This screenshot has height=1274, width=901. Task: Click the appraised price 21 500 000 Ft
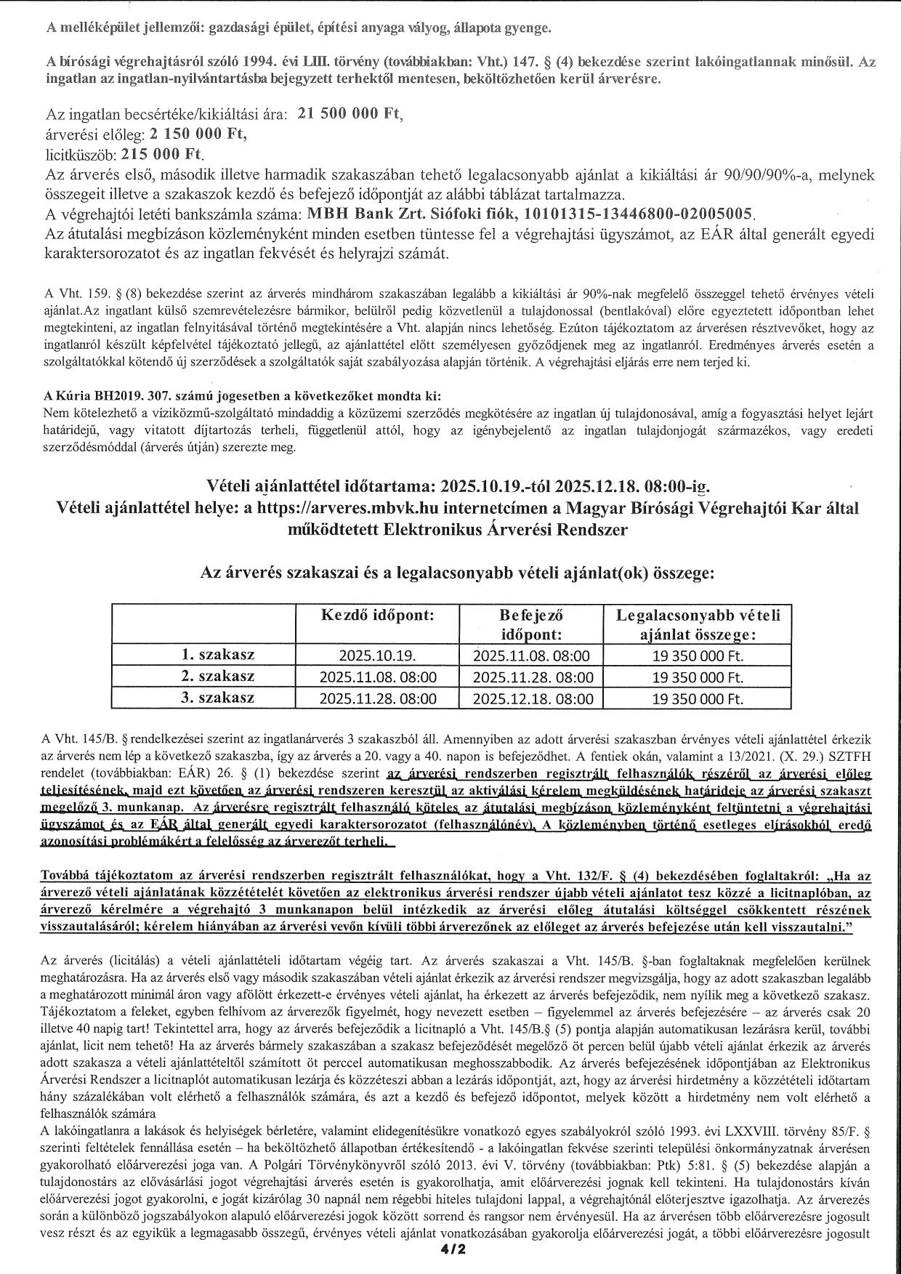pyautogui.click(x=350, y=115)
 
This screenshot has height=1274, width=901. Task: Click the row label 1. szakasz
pyautogui.click(x=217, y=655)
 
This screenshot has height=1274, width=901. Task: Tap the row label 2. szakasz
pyautogui.click(x=217, y=677)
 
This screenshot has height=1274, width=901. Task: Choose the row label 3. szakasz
pyautogui.click(x=217, y=698)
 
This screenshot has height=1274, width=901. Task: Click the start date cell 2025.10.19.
pyautogui.click(x=378, y=656)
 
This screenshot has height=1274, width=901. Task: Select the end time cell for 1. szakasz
pyautogui.click(x=531, y=656)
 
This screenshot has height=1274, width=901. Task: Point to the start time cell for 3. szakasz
pyautogui.click(x=378, y=699)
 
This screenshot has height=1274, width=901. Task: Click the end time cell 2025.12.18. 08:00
pyautogui.click(x=531, y=699)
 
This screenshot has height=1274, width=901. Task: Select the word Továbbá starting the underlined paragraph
pyautogui.click(x=70, y=876)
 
